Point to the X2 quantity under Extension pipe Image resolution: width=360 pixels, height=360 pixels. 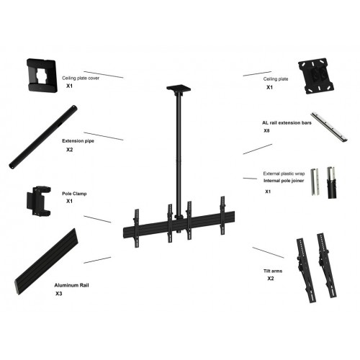point(70,150)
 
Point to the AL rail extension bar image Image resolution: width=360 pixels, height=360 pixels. point(332,126)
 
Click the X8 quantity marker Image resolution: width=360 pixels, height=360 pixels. point(267,132)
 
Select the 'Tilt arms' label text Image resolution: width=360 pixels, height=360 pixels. point(272,269)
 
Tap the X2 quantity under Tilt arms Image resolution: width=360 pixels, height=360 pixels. point(271,278)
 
